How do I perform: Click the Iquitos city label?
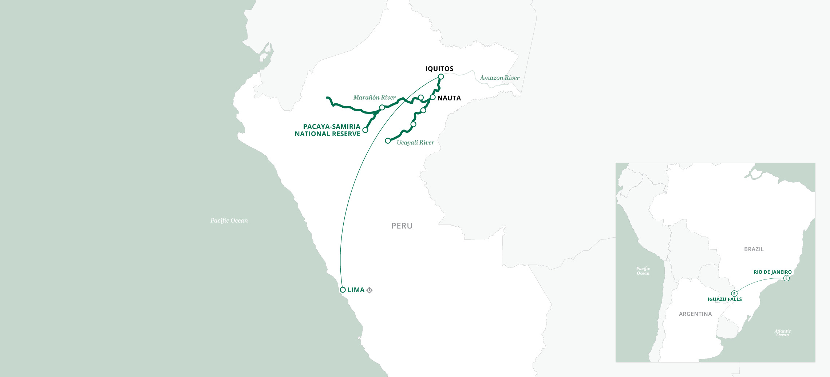point(439,69)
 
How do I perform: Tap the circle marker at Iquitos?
point(441,76)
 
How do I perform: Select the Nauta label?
point(449,98)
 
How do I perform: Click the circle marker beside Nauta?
point(432,97)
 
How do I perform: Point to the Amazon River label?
point(499,78)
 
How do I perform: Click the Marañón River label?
point(374,98)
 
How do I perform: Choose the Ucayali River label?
point(415,143)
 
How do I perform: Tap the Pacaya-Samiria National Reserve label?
point(328,130)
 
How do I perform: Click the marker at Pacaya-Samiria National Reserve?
point(365,130)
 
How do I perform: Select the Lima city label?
point(356,290)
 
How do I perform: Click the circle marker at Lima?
point(343,290)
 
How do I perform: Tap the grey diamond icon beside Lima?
point(369,290)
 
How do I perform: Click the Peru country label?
point(402,226)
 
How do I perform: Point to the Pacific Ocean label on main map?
point(229,221)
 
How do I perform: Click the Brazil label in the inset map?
point(754,249)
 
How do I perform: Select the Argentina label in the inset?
point(695,314)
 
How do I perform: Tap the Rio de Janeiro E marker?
point(786,278)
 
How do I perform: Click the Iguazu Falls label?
point(724,299)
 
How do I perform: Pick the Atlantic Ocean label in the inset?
point(782,333)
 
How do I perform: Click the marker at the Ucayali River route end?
point(388,140)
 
